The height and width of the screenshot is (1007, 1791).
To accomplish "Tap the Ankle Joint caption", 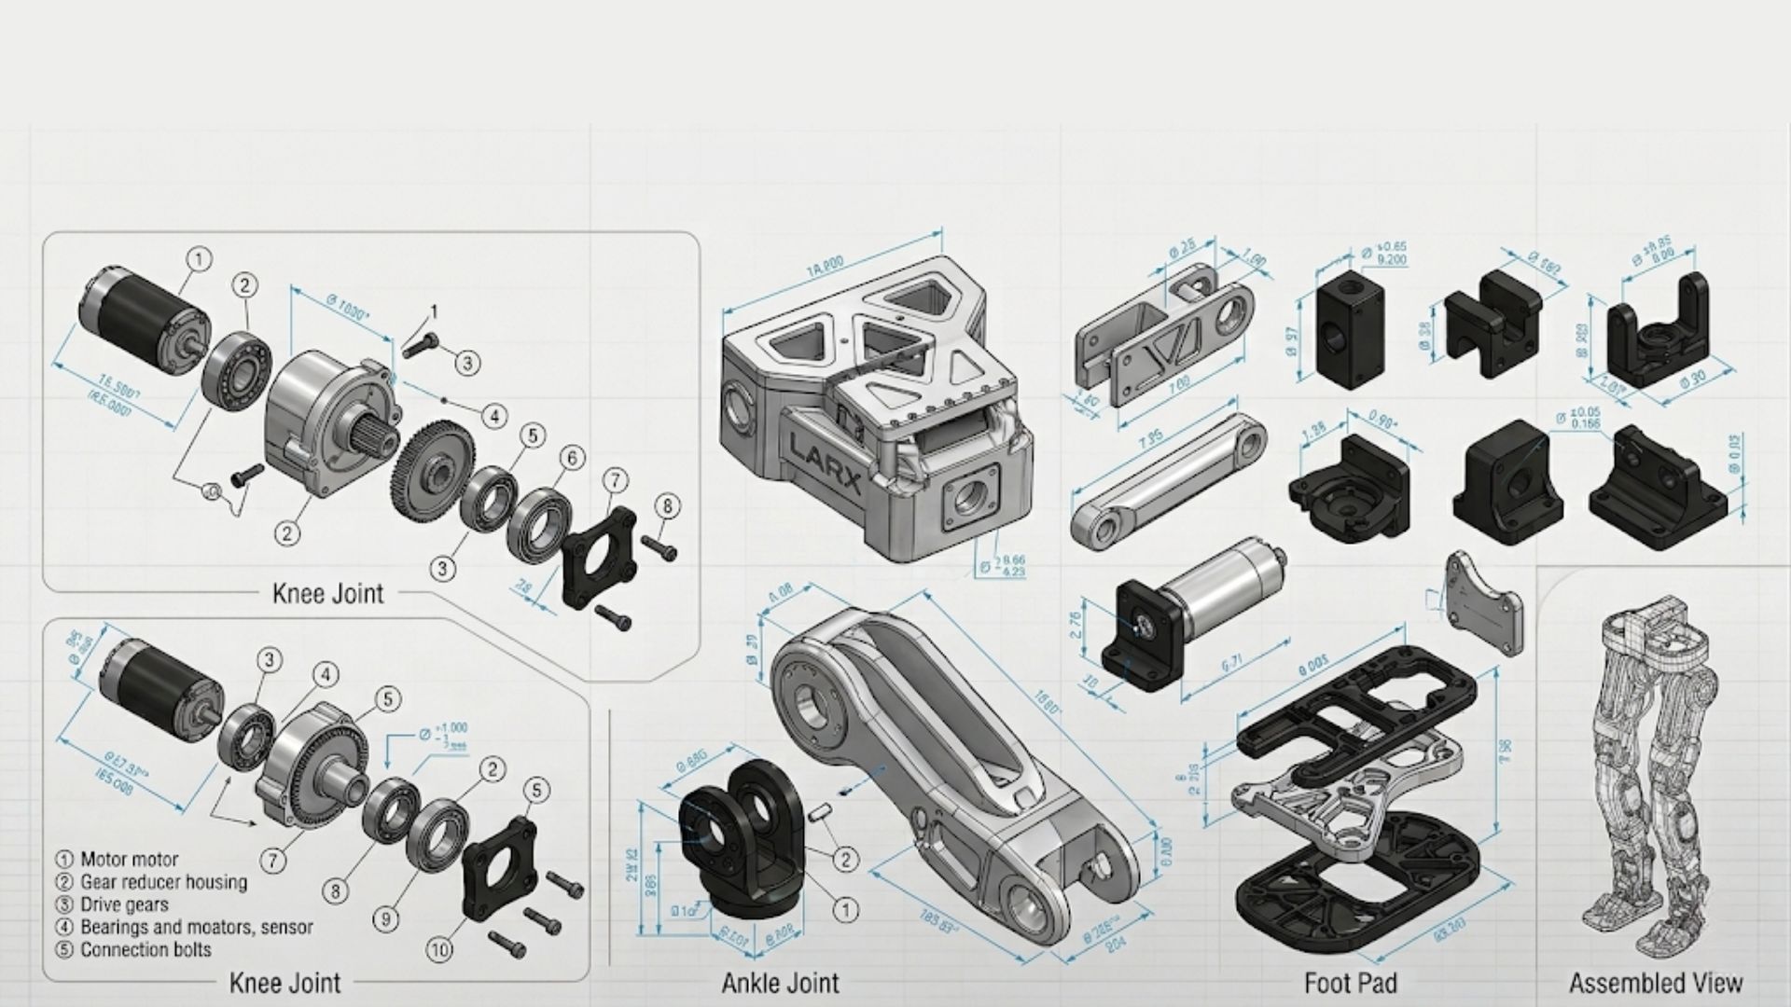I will (x=780, y=983).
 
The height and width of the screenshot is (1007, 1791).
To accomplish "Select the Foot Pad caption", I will (x=1350, y=983).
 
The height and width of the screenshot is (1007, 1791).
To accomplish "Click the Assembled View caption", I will (x=1655, y=983).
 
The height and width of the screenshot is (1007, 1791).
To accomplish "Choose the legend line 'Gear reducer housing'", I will (x=163, y=882).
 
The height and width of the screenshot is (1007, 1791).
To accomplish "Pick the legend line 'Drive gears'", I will (x=124, y=904).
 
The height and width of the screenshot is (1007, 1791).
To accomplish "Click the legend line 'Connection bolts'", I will (x=146, y=950).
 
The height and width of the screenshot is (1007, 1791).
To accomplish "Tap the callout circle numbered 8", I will (x=667, y=507).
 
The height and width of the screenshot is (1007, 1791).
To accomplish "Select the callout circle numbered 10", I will (x=439, y=950).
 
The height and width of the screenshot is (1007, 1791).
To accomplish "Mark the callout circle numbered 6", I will (x=572, y=458).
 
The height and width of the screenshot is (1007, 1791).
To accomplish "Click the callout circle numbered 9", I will (x=386, y=918).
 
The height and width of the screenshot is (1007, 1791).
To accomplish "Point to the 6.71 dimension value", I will (x=1231, y=663).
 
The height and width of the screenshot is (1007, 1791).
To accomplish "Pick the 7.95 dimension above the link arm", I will (x=1150, y=437).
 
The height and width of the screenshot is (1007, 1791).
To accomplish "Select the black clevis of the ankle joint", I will (x=742, y=839).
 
